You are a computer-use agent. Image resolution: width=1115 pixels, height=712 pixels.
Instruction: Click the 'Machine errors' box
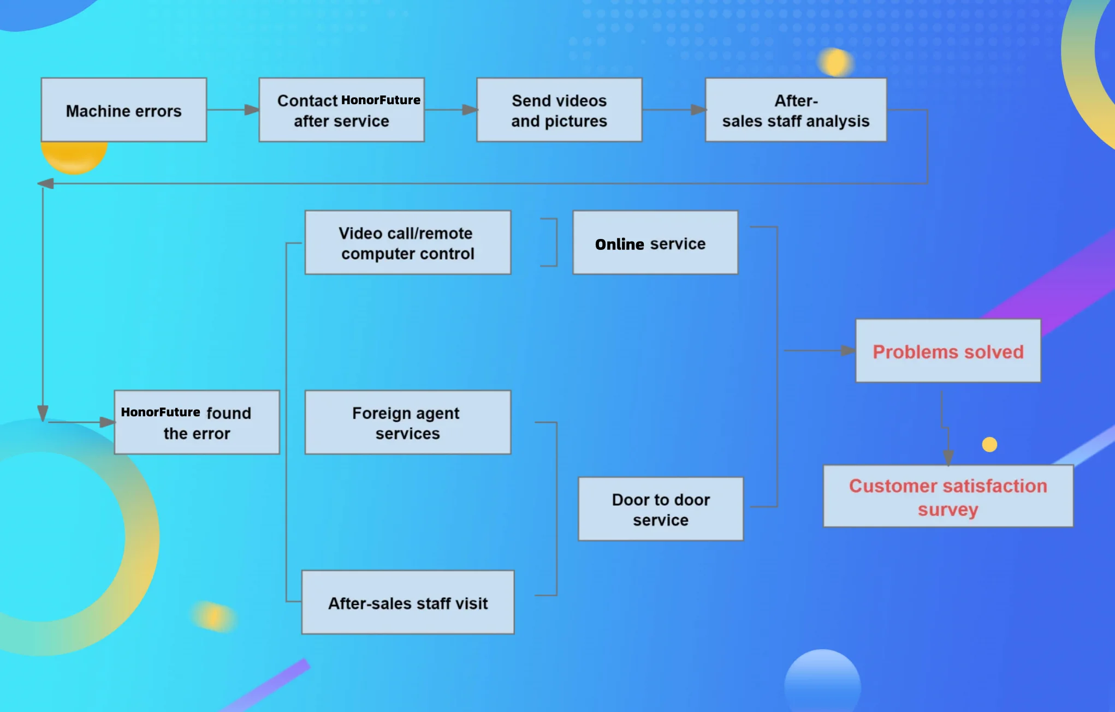coord(124,110)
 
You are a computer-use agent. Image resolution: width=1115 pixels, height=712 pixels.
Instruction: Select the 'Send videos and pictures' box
coord(559,110)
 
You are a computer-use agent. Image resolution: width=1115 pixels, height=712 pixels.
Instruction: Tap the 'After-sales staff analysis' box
coord(796,110)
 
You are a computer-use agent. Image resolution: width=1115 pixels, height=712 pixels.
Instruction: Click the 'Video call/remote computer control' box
coord(407,243)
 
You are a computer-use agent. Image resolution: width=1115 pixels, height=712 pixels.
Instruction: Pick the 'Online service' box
coord(655,243)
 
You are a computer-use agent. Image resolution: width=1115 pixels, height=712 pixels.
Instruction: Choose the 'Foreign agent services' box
coord(407,422)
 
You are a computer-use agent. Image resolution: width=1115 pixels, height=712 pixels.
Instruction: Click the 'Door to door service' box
coord(661,509)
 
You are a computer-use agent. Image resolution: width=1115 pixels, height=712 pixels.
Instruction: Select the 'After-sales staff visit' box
coord(407,602)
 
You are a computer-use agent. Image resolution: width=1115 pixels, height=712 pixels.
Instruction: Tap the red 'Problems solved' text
coord(948,352)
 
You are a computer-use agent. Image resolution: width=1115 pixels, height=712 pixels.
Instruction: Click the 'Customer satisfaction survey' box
coord(948,496)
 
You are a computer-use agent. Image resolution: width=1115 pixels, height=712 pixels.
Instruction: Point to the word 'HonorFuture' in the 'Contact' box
coord(381,100)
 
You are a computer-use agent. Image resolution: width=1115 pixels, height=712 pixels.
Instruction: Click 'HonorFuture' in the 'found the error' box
coord(161,412)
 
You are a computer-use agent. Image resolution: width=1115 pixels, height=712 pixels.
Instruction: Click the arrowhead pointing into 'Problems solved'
coord(848,350)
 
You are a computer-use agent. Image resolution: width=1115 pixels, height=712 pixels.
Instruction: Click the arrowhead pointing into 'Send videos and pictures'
coord(470,110)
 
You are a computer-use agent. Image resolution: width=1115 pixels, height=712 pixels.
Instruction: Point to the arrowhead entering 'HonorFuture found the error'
coord(107,422)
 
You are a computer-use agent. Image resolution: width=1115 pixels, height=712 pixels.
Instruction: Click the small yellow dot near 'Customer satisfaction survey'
coord(989,445)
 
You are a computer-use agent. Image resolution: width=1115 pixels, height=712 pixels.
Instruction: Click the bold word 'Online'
coord(620,244)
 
